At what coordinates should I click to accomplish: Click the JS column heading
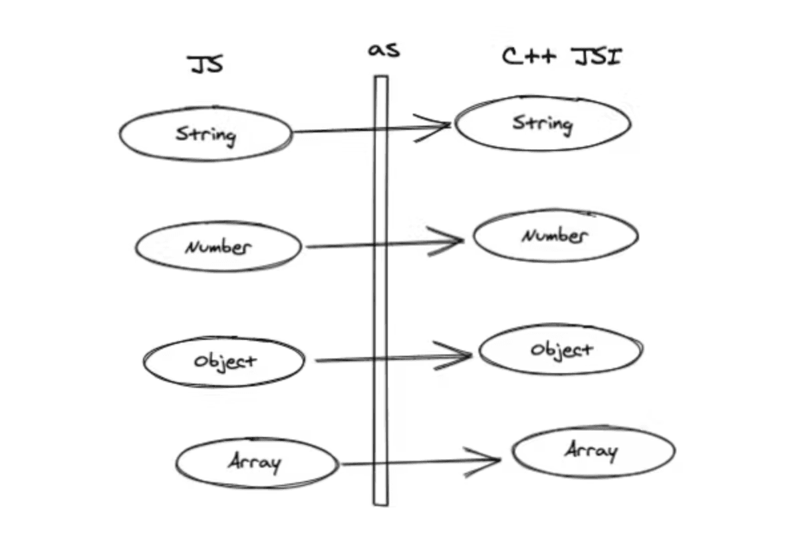[x=205, y=65]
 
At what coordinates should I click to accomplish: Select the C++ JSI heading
[x=562, y=57]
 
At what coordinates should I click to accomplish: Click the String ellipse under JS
[x=205, y=134]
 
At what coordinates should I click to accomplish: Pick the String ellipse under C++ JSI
[x=543, y=123]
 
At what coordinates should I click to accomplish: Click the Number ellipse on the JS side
[x=218, y=247]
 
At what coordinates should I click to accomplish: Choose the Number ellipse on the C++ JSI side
[x=555, y=235]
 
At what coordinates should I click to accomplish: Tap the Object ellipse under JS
[x=224, y=361]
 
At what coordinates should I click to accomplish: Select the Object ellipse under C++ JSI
[x=561, y=350]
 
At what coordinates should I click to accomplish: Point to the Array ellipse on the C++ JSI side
[x=593, y=452]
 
